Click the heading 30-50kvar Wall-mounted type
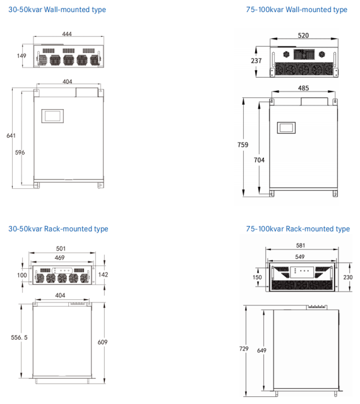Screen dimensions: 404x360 click(57, 9)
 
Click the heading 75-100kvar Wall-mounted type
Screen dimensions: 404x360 click(297, 9)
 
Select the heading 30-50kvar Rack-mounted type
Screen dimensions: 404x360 click(58, 229)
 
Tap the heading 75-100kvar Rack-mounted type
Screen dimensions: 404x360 click(298, 229)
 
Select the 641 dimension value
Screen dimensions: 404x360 click(11, 136)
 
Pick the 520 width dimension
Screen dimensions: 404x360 click(304, 35)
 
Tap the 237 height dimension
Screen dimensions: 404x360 click(256, 61)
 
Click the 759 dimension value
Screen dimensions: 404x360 click(243, 145)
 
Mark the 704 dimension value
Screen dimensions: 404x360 click(259, 160)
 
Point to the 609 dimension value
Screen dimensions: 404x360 click(102, 342)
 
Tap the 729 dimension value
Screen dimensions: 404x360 click(243, 348)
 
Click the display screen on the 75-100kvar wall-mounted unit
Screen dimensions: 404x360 click(287, 127)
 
